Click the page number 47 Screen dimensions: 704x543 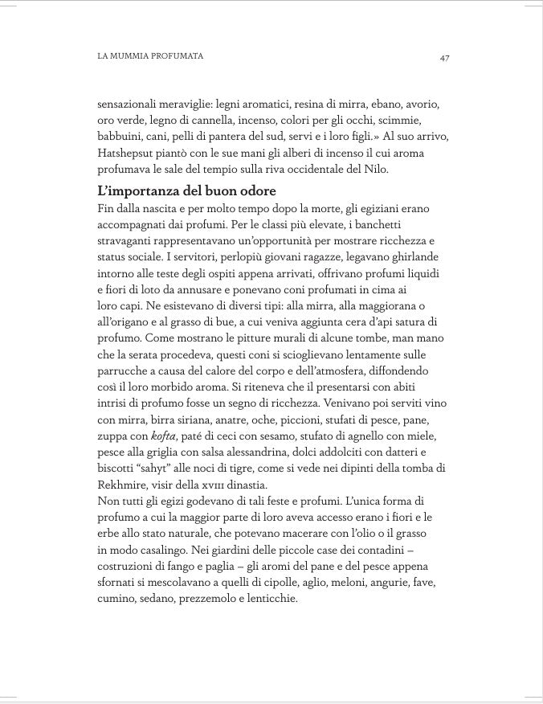click(444, 58)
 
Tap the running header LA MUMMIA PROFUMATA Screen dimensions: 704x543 click(149, 56)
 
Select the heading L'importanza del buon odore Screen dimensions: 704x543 click(186, 191)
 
